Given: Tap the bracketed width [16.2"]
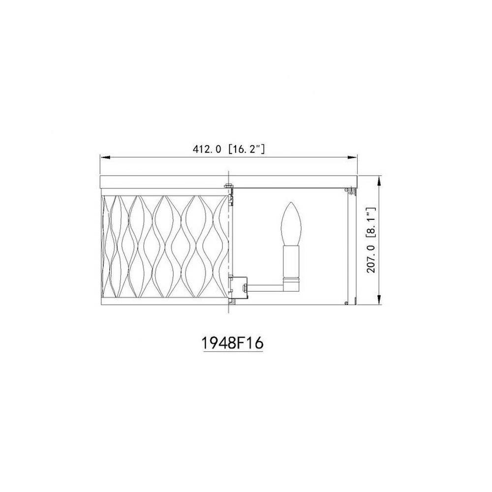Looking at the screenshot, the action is click(246, 149).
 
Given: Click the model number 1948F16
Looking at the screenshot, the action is click(232, 343).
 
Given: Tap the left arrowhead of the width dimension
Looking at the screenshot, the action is click(105, 157).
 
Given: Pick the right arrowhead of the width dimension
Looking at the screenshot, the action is click(353, 157).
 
